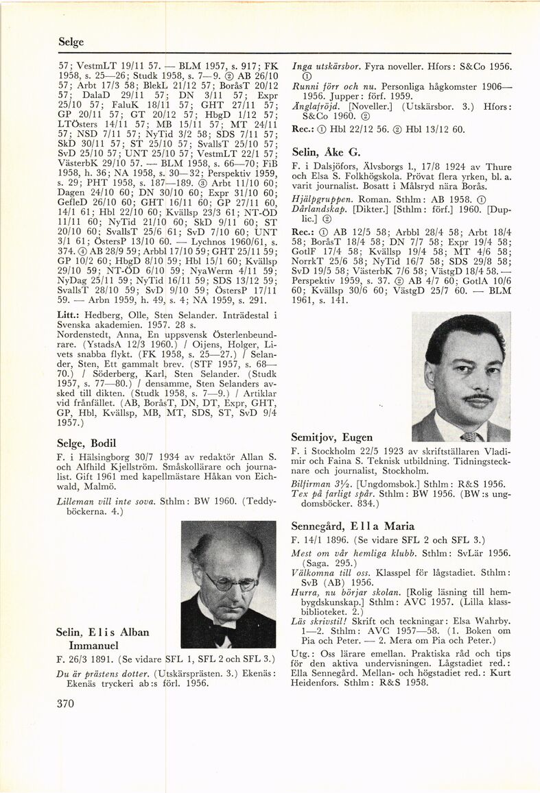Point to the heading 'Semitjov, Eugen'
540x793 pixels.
tap(332, 437)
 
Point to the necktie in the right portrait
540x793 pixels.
tap(469, 436)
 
